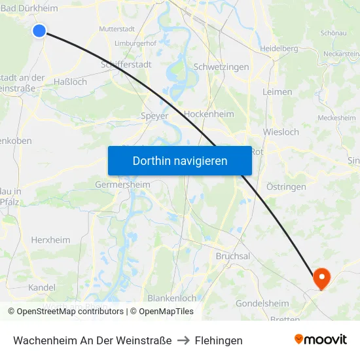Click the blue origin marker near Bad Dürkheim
39,30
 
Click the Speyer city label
154,116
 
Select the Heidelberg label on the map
279,48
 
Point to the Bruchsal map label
233,256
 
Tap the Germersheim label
122,185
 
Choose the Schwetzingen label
221,67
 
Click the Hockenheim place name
209,114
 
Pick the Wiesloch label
281,132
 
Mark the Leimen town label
277,92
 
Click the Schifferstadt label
126,65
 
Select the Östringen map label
286,187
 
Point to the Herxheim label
50,240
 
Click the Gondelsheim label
262,303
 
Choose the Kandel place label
42,287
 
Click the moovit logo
321,340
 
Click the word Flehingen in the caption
219,340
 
